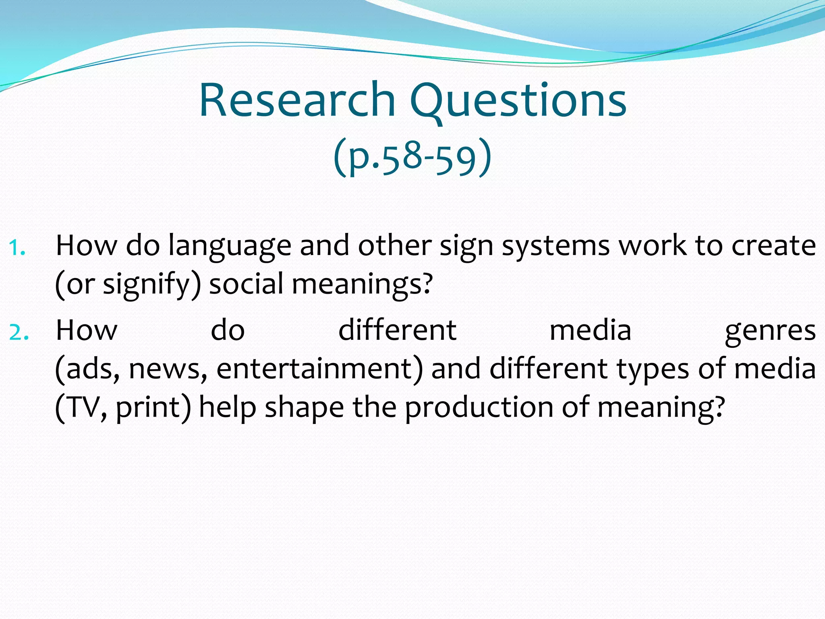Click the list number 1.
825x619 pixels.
17,247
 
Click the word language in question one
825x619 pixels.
230,247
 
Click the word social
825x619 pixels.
247,284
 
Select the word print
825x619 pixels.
147,408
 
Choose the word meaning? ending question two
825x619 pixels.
661,408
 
